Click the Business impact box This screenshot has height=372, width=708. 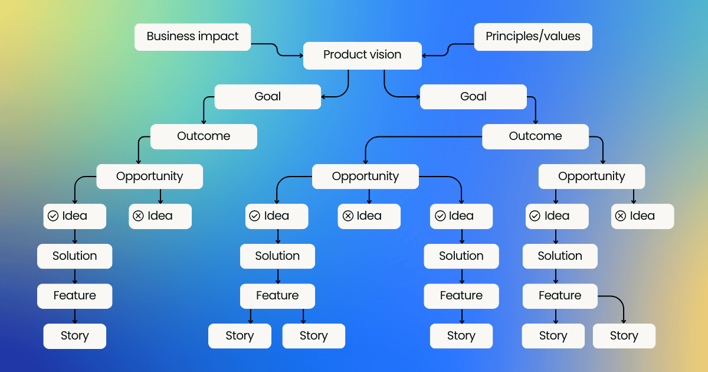tap(192, 37)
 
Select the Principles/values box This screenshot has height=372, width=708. tap(533, 37)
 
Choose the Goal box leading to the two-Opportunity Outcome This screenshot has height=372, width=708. tap(473, 97)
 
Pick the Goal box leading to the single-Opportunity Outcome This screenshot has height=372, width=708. tap(267, 97)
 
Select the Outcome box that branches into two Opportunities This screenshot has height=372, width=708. tap(535, 136)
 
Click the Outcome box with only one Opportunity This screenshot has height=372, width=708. tap(204, 136)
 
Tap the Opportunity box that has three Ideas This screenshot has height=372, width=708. tap(365, 177)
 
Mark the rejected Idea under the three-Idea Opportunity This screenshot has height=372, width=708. tap(369, 216)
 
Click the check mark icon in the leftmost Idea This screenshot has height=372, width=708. tap(53, 216)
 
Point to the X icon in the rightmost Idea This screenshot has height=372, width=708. tap(621, 216)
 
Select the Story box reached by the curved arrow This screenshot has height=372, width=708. tap(624, 336)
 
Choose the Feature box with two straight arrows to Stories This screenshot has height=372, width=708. tap(277, 296)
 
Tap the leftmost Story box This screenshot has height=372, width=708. tap(74, 336)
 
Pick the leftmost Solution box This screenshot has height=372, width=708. tap(74, 256)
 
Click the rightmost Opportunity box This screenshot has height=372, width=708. tap(591, 177)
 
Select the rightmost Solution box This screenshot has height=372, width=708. tap(560, 256)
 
